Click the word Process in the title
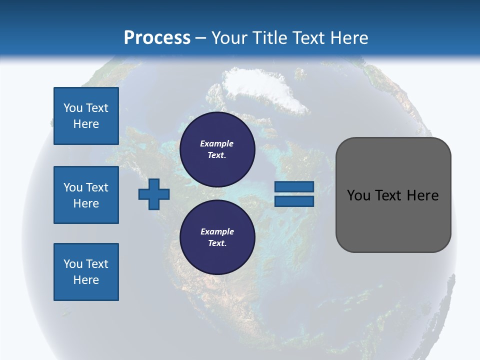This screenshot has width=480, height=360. [157, 38]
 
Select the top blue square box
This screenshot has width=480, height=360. [86, 116]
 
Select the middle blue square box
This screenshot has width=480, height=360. [86, 195]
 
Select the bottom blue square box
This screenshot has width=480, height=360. [86, 272]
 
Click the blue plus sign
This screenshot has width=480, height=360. [154, 193]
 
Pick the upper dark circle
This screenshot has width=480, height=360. [217, 149]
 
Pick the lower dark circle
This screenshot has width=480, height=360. [217, 237]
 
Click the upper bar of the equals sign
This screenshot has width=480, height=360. [294, 186]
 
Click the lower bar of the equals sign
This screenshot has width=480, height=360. [294, 201]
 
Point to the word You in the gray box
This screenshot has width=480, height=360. [358, 195]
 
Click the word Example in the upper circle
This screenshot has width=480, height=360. [217, 143]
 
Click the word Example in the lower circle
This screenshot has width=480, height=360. [217, 231]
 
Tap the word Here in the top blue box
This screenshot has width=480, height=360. [86, 124]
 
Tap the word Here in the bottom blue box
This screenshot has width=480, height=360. [86, 280]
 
